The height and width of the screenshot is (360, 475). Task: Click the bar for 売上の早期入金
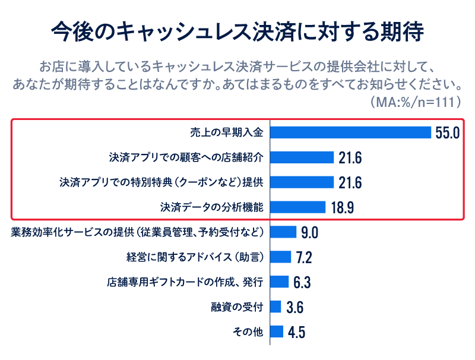350,132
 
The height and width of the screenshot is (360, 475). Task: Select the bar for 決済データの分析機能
298,207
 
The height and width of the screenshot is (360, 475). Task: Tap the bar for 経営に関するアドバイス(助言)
281,257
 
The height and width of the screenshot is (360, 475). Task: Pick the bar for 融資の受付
275,307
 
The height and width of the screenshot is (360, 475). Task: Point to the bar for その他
277,331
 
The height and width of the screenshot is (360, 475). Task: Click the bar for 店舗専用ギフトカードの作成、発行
280,282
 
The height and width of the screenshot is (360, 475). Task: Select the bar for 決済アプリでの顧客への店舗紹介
302,157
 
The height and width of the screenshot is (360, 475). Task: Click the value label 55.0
448,132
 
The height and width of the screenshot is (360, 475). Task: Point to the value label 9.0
309,232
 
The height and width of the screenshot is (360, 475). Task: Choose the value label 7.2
304,257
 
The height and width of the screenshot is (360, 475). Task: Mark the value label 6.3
302,282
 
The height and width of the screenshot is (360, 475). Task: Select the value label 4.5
296,332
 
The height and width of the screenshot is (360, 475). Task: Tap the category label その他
248,331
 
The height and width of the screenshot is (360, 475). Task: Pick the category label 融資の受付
237,307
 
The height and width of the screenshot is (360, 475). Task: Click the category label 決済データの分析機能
212,207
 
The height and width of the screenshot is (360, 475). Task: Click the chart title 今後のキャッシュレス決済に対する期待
237,31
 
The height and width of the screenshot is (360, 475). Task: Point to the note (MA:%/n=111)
416,102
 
